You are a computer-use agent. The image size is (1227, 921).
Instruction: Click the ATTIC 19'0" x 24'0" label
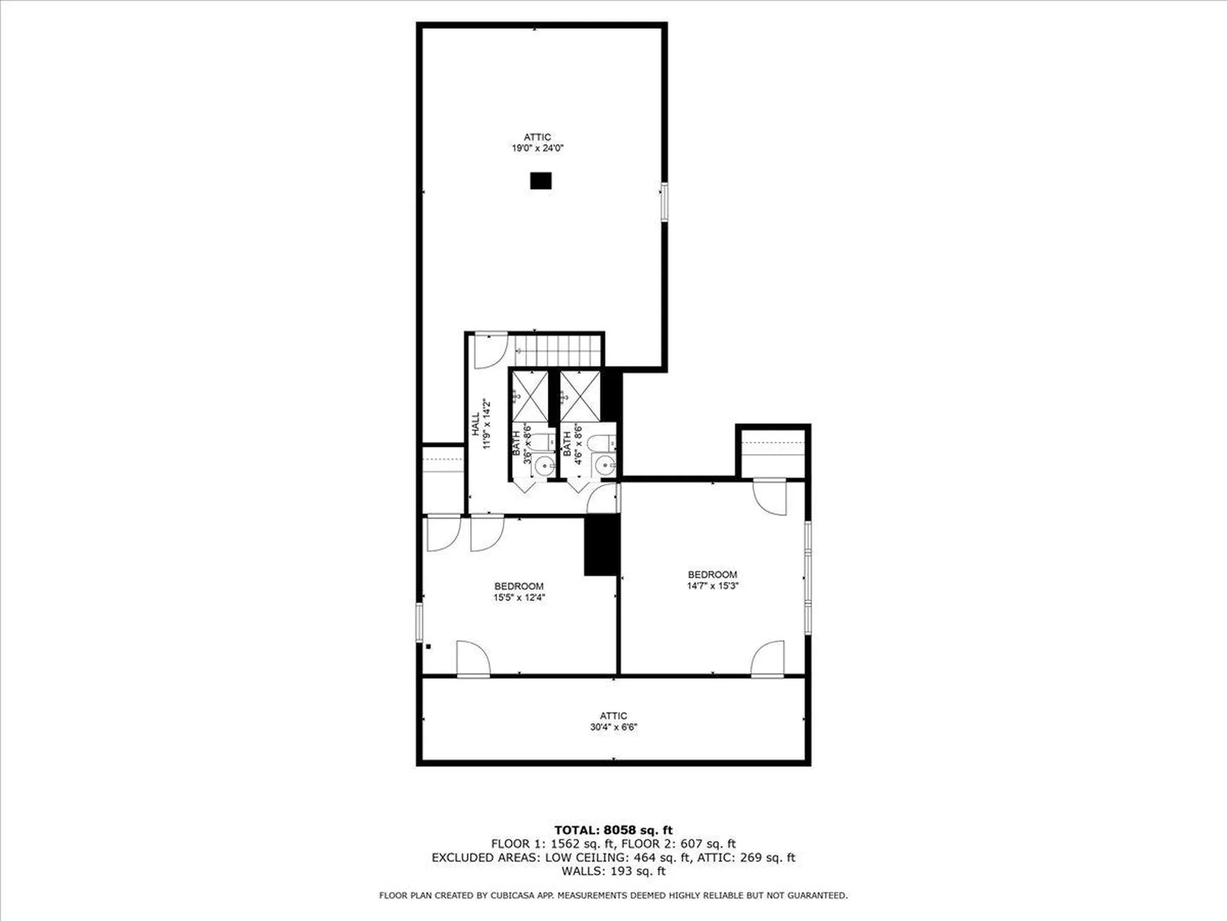click(x=537, y=143)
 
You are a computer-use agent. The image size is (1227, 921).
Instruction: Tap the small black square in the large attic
click(x=541, y=181)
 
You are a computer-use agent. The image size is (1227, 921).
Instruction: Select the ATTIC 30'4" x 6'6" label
click(x=613, y=721)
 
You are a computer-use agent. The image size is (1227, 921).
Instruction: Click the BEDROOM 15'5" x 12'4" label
click(x=519, y=592)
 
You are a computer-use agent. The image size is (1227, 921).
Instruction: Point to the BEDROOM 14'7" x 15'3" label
click(x=713, y=580)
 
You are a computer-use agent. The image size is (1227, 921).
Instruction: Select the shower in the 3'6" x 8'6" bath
click(x=530, y=397)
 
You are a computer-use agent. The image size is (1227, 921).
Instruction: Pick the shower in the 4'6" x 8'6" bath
click(x=580, y=397)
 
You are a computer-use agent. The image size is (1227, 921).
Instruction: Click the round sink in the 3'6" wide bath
click(x=544, y=466)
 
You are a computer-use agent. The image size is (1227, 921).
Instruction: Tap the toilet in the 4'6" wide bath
click(x=602, y=443)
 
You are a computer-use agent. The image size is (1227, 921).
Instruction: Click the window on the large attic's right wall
click(x=665, y=202)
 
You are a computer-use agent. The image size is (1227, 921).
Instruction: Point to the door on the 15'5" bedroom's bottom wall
click(x=474, y=659)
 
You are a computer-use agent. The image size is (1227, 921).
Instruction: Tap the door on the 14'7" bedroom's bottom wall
click(x=768, y=659)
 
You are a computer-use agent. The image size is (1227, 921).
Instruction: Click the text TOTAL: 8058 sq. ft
click(x=613, y=830)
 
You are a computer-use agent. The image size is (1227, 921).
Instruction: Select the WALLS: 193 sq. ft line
click(x=613, y=871)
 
